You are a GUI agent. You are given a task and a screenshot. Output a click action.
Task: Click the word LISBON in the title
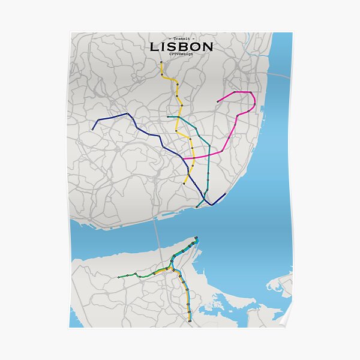[180, 46]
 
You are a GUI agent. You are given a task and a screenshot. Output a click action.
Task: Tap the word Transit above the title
[180, 37]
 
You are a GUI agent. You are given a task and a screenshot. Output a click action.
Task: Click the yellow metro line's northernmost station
[161, 62]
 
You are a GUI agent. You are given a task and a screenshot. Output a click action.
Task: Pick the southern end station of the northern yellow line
[184, 183]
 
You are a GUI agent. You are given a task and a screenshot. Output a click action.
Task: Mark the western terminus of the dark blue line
[92, 129]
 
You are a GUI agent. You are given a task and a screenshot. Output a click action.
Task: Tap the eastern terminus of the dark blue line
[225, 194]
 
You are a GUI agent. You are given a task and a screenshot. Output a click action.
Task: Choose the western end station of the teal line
[169, 116]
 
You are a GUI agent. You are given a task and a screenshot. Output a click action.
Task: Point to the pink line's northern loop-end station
[218, 102]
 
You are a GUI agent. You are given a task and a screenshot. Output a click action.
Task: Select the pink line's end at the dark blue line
[182, 159]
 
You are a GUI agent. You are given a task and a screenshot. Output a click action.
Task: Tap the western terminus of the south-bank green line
[118, 277]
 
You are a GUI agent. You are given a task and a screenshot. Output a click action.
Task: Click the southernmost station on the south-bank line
[189, 322]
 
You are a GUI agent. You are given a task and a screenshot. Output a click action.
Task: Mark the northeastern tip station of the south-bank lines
[197, 239]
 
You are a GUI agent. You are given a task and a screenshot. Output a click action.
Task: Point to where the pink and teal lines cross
[208, 154]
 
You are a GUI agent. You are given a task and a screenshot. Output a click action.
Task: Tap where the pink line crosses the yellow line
[193, 157]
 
